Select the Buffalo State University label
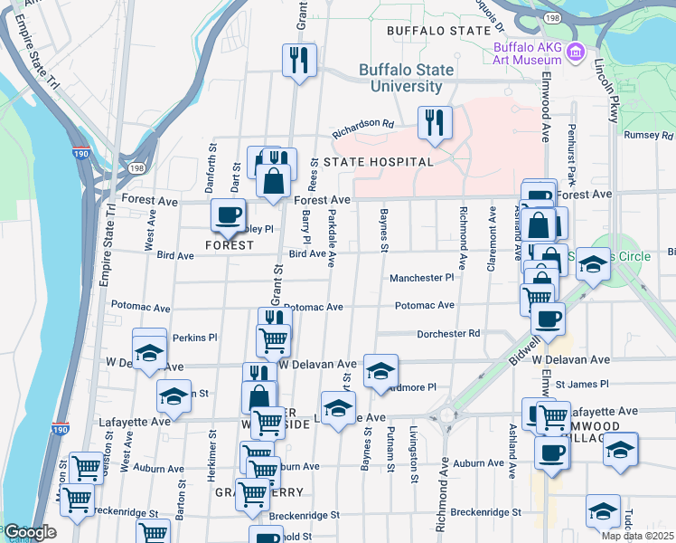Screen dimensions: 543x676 click(400, 78)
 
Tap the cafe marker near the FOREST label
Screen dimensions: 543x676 click(228, 215)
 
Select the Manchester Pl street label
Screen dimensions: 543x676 click(421, 278)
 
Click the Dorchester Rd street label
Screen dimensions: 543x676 click(448, 334)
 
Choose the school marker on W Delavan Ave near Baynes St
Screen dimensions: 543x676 click(380, 370)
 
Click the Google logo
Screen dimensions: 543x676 click(30, 532)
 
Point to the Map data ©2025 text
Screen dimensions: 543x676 click(637, 536)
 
